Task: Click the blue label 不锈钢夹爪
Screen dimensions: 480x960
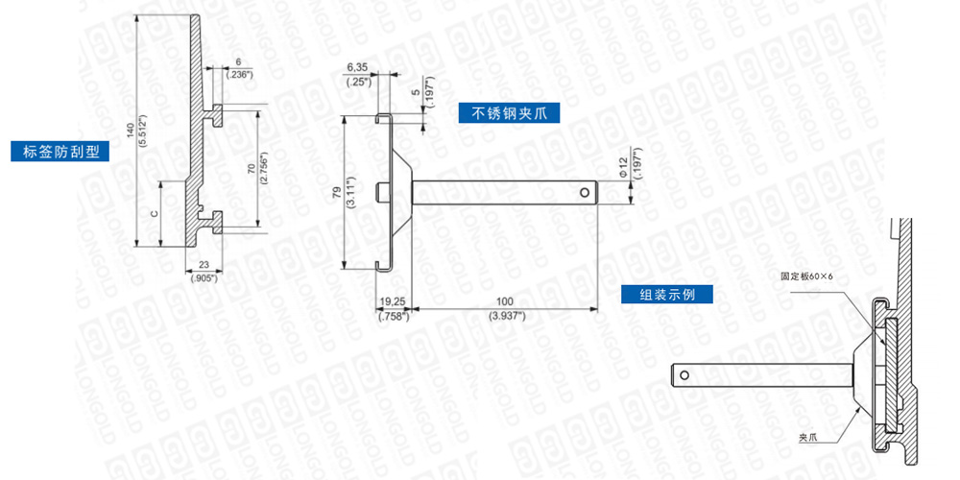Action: coord(508,113)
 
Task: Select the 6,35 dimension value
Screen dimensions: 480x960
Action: coord(356,67)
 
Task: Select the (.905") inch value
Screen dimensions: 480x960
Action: coord(204,277)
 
